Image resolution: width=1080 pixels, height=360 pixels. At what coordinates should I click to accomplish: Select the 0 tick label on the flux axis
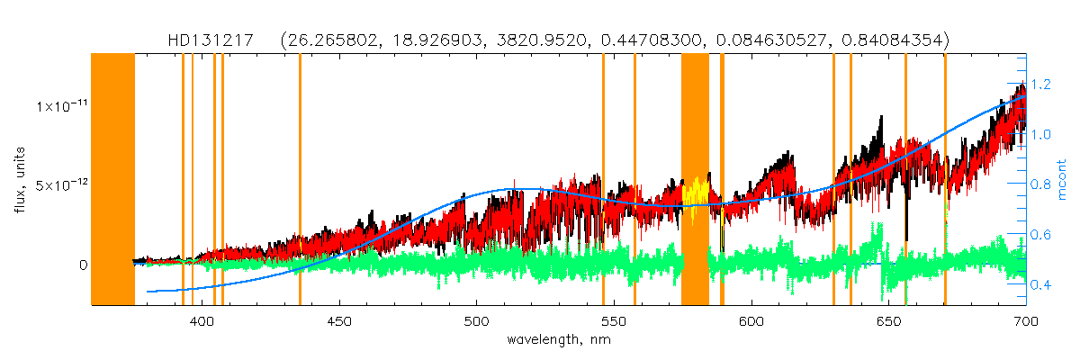(82, 265)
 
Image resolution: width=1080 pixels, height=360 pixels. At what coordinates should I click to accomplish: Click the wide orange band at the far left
(112, 180)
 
